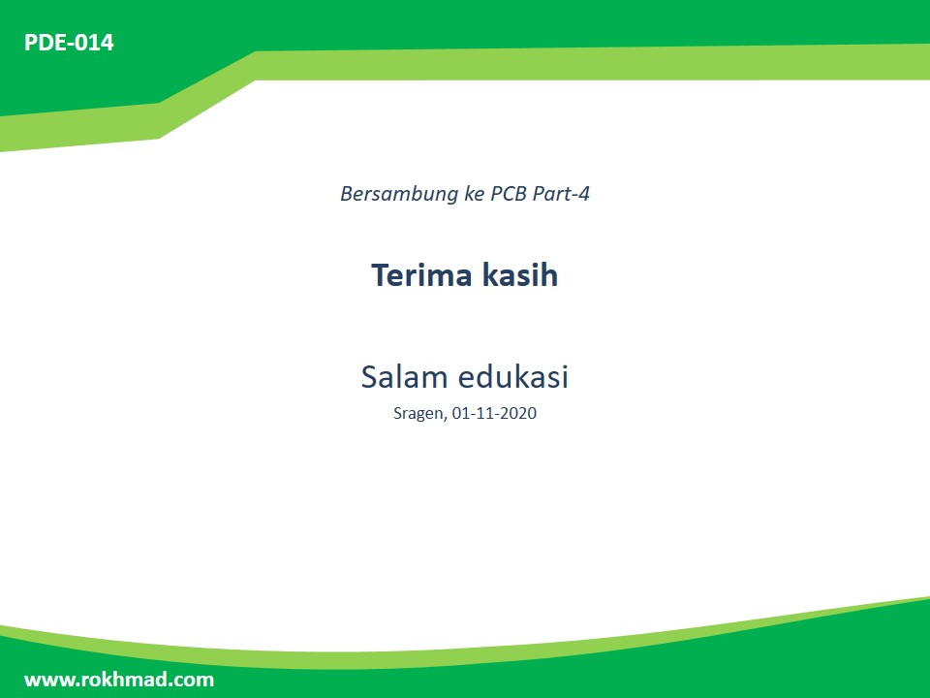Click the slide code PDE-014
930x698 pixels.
[69, 43]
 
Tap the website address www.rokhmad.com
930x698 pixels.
[119, 680]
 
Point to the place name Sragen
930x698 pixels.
[419, 414]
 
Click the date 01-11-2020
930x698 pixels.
[494, 414]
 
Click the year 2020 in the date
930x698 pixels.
[518, 414]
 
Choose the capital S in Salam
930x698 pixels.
[370, 377]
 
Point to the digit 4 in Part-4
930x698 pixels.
[584, 194]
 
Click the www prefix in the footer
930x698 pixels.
[45, 680]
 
